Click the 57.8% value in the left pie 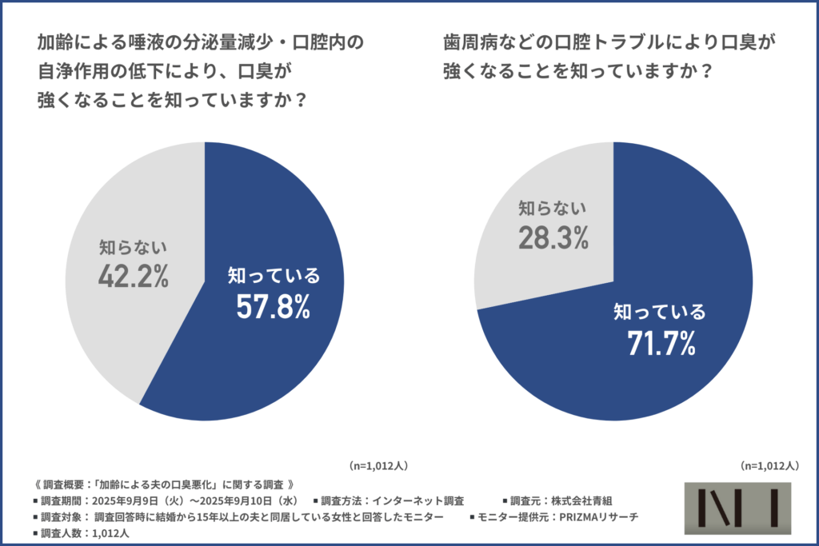click(x=273, y=307)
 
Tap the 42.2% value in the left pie click(x=134, y=276)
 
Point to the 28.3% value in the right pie click(x=552, y=237)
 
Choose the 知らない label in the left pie click(x=134, y=247)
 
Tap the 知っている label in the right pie click(x=660, y=312)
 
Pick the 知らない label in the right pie click(x=552, y=208)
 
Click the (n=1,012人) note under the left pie click(x=382, y=464)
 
